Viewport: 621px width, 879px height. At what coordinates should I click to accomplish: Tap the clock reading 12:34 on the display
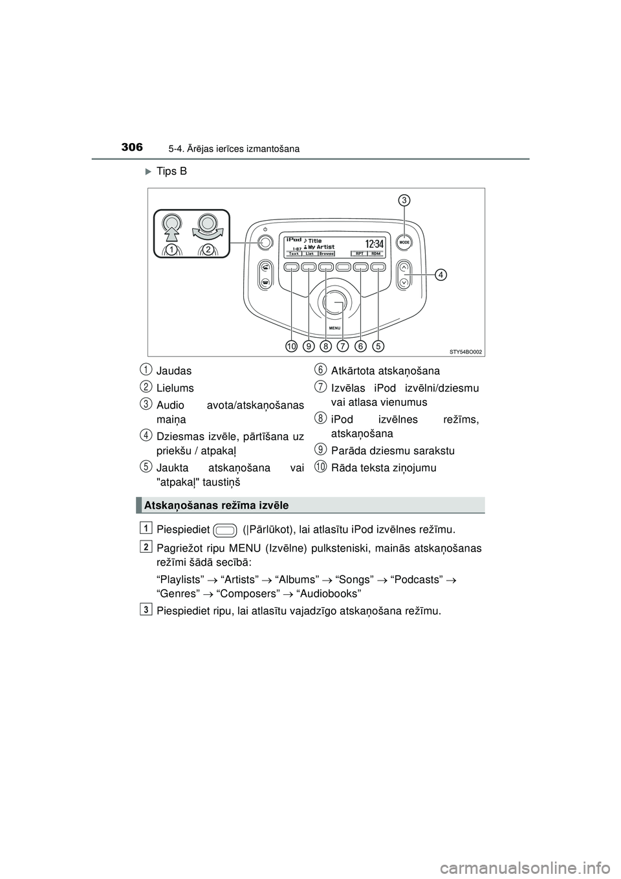(375, 243)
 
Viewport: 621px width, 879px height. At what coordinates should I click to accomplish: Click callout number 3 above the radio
(404, 200)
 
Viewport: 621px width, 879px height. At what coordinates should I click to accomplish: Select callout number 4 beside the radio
(440, 275)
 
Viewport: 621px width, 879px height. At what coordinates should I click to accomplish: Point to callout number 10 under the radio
(292, 347)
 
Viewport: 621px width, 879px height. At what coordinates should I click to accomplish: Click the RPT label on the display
(358, 254)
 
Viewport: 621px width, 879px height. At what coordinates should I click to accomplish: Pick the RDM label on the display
(375, 254)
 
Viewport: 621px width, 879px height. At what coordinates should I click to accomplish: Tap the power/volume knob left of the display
(264, 243)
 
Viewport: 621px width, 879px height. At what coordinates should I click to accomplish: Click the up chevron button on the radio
(404, 267)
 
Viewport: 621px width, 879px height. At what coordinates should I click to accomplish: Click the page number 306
(131, 148)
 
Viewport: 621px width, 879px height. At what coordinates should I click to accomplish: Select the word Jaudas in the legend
(174, 372)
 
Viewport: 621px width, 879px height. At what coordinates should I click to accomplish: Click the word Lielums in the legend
(175, 388)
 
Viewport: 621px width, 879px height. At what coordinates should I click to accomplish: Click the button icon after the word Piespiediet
(226, 532)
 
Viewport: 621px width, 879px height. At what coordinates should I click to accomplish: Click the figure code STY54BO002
(466, 351)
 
